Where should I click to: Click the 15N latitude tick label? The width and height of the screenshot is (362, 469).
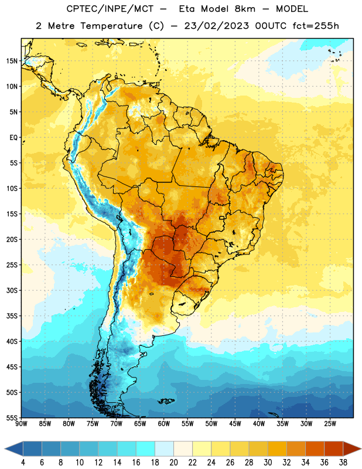[12, 61]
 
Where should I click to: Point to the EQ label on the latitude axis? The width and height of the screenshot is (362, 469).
[13, 138]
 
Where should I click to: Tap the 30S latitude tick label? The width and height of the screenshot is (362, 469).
[12, 290]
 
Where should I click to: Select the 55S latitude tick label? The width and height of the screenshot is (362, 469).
[12, 417]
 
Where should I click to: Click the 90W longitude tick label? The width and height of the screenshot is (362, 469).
[21, 424]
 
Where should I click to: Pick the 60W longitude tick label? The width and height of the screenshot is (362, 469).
[164, 424]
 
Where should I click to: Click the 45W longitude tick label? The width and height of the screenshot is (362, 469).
[235, 424]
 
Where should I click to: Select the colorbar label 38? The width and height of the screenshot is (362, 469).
[343, 463]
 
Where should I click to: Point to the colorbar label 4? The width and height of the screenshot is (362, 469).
[23, 463]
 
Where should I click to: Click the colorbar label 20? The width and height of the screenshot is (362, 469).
[173, 463]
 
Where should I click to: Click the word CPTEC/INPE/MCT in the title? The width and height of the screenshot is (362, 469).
[110, 9]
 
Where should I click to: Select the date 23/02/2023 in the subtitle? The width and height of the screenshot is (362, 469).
[216, 26]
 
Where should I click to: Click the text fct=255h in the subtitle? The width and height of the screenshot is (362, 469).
[316, 26]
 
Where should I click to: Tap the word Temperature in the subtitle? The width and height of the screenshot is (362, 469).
[111, 26]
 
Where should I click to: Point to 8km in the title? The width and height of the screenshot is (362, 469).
[245, 9]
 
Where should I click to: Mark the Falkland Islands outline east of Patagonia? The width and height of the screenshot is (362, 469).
[166, 401]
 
